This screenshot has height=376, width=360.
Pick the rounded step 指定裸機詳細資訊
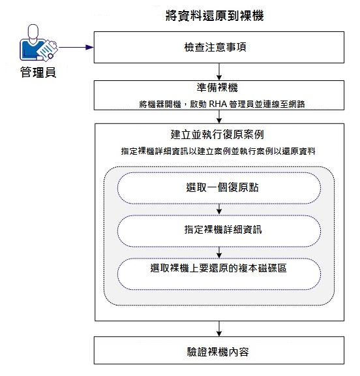(218, 230)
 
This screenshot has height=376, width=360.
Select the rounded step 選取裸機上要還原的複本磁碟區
(218, 270)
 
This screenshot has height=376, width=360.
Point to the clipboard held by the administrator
(45, 50)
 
